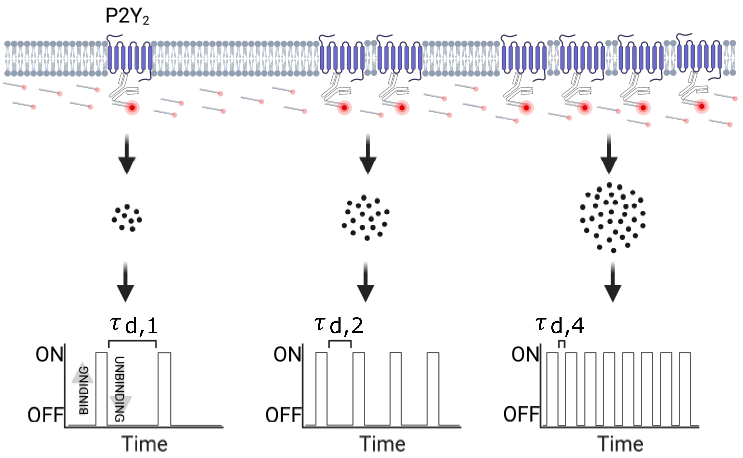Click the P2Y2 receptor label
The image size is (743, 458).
click(127, 16)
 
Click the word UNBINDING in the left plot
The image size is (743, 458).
click(120, 389)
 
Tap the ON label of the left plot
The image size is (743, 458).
click(50, 354)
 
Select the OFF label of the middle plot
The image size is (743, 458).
click(283, 415)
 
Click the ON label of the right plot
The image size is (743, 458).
click(525, 354)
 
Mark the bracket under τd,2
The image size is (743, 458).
click(340, 342)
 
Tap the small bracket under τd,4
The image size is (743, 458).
click(562, 343)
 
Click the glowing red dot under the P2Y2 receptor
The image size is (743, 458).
click(132, 108)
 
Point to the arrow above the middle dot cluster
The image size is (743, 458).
click(368, 154)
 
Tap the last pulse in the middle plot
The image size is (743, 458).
click(433, 389)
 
